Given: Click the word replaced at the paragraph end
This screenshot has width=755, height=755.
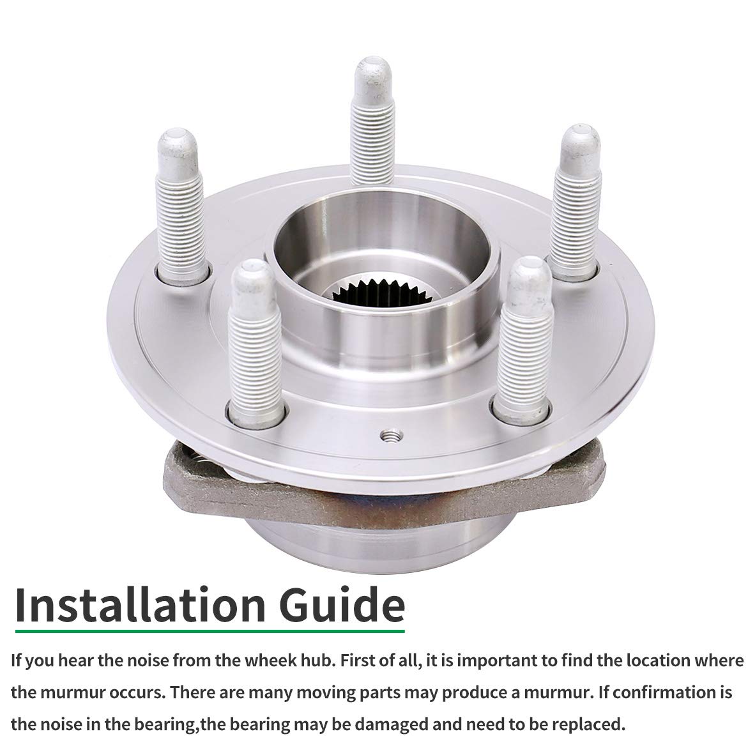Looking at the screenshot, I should (588, 724).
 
